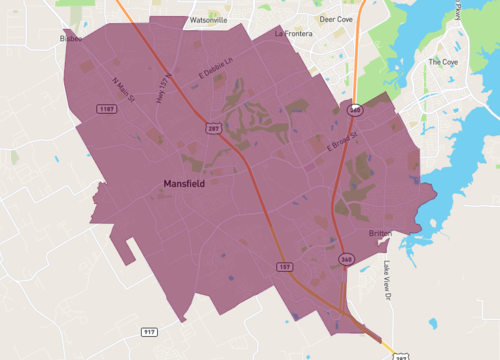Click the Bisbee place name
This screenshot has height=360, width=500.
(71, 38)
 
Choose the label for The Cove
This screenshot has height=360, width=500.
(442, 62)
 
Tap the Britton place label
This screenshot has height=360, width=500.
(380, 233)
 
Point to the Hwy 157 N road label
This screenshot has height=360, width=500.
(165, 88)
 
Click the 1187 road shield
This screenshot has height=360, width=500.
(105, 108)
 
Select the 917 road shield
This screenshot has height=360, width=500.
(149, 332)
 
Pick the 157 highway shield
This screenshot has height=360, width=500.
(284, 267)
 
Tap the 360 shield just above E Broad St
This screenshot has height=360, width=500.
(355, 108)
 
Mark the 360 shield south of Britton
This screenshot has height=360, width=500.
(346, 258)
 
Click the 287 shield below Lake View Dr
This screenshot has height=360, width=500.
(399, 356)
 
